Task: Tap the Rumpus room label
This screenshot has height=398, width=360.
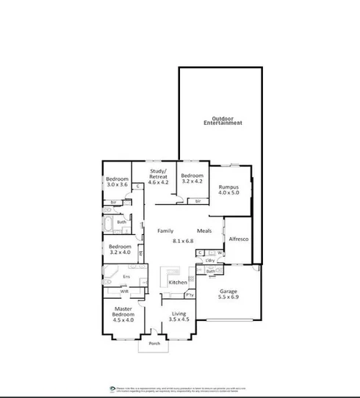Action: tap(229, 187)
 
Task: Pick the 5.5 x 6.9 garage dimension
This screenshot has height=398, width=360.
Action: tap(227, 298)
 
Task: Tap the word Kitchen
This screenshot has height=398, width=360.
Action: tap(178, 282)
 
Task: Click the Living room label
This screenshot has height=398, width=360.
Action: tap(179, 314)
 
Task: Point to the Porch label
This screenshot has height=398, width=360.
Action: tap(154, 343)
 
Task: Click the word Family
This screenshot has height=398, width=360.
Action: tap(165, 231)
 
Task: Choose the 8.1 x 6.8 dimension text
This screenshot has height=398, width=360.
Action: tap(181, 241)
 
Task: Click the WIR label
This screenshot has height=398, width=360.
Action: tap(125, 292)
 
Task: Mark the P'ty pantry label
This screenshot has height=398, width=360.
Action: tap(189, 295)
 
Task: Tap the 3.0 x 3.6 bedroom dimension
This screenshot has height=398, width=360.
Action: tap(118, 185)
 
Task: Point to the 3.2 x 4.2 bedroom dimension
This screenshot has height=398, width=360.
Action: tap(192, 180)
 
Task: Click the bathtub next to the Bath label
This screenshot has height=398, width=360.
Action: tap(110, 222)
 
